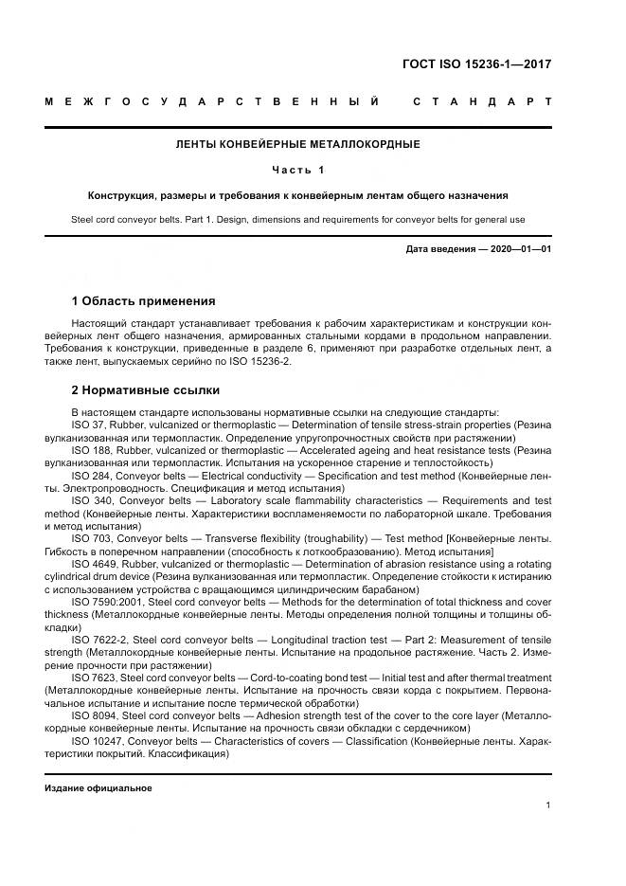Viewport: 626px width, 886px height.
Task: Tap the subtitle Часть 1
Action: coord(298,171)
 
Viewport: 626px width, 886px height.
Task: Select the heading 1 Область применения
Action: coord(143,301)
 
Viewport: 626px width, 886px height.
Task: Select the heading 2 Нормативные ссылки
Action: coord(146,389)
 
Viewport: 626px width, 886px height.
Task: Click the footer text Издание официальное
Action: coord(98,787)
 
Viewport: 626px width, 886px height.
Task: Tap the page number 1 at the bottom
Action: coord(548,805)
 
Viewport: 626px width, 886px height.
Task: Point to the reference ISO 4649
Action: coord(93,563)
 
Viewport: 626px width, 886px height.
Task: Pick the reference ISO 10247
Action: coord(96,740)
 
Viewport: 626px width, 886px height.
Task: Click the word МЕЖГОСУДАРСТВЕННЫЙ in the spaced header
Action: coord(212,100)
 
